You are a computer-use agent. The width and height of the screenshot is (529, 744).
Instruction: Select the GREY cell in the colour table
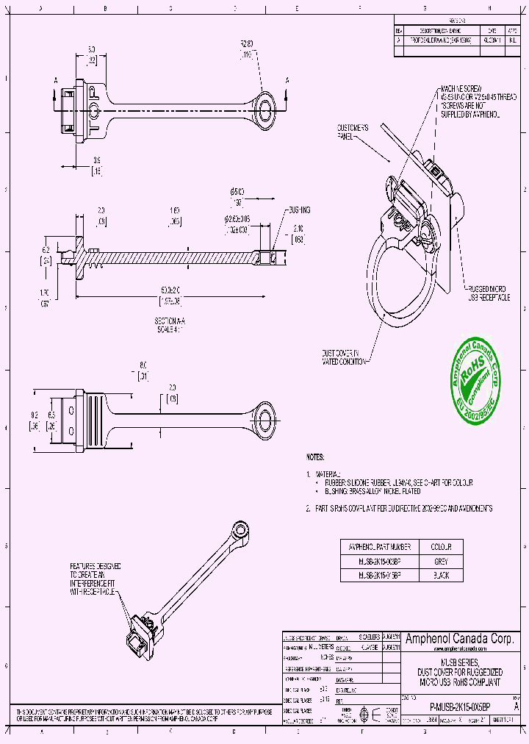(x=441, y=562)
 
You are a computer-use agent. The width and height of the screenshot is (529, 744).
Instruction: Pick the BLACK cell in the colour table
(x=441, y=576)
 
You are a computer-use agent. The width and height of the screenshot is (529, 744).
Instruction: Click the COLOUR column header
(x=441, y=547)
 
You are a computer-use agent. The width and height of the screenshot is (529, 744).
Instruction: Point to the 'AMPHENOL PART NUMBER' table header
(x=380, y=547)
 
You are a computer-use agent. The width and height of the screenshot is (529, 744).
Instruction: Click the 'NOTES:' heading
(x=315, y=457)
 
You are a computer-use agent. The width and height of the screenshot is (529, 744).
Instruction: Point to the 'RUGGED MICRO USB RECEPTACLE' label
(x=489, y=293)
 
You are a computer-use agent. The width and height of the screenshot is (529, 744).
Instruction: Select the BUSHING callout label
(x=298, y=210)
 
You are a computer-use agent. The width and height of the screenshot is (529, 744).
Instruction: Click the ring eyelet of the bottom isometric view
(x=239, y=529)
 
